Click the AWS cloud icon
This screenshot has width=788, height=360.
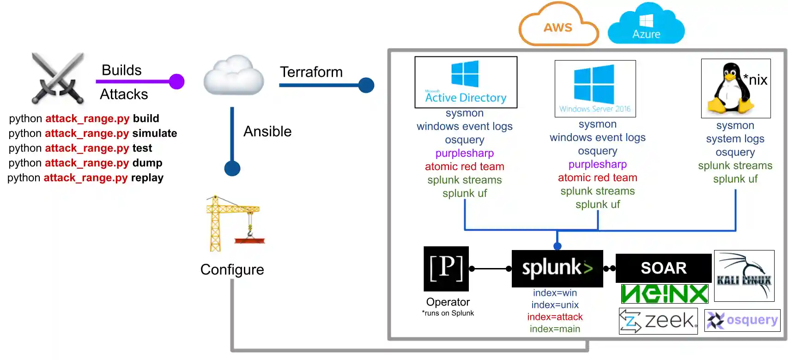[x=558, y=25]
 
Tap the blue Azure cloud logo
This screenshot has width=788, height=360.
[x=646, y=24]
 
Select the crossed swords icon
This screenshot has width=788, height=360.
[x=58, y=78]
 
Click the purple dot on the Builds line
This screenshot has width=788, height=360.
[x=176, y=82]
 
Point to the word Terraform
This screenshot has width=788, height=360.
[x=311, y=72]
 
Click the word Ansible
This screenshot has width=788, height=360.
[x=267, y=132]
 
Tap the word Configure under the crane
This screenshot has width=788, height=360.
[x=232, y=269]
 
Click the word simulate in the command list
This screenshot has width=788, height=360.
[x=154, y=134]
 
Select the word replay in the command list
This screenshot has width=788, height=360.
[x=147, y=178]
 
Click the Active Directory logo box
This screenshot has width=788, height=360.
[x=466, y=82]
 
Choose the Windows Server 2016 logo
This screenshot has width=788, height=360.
[x=595, y=88]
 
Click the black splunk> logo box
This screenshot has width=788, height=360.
[x=557, y=268]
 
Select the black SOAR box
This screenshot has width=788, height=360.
[x=663, y=268]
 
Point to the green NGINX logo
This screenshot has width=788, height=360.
[x=664, y=294]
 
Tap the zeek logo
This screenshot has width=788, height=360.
[x=658, y=321]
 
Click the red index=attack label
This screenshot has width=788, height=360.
[x=555, y=317]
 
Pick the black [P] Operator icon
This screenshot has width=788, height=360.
[x=446, y=268]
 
